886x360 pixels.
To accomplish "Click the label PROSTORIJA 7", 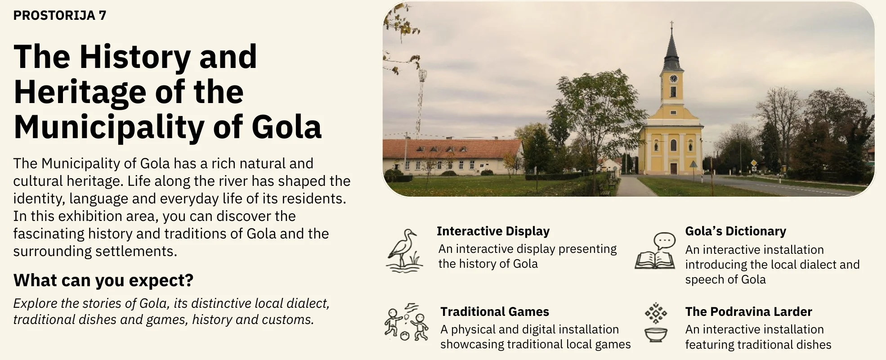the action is pos(60,15).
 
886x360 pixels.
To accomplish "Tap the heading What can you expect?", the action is pos(103,280).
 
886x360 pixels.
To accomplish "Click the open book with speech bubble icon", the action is pos(655,251).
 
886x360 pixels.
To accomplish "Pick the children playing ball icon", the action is pos(407,322).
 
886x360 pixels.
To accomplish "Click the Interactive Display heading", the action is pos(493,231).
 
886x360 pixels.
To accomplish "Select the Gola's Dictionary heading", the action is pos(735,231).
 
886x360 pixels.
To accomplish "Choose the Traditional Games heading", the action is pos(495,312).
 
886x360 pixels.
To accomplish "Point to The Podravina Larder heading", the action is pos(748,312).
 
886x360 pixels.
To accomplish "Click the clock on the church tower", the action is pos(673,78).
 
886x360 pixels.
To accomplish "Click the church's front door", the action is pos(673,168).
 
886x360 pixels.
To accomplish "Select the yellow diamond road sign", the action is pos(754,163).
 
